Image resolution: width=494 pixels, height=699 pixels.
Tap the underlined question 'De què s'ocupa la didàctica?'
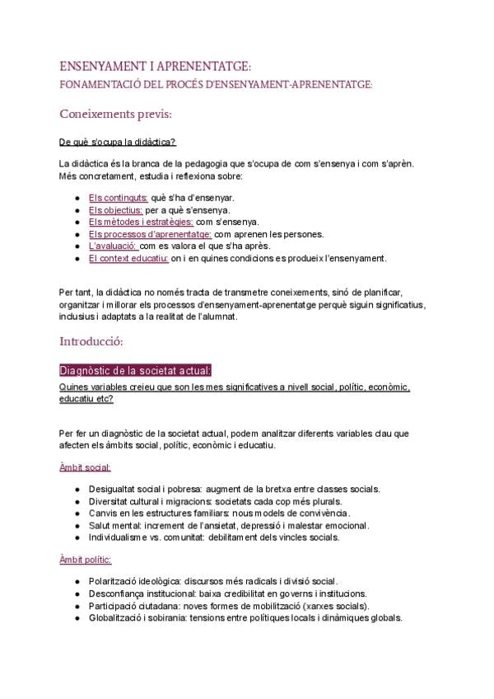point(118,142)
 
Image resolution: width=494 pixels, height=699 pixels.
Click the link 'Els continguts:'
point(118,198)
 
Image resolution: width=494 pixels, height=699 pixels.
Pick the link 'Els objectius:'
point(116,210)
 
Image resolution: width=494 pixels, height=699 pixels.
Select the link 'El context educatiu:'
point(128,258)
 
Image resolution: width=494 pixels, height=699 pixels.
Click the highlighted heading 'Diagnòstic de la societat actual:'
point(135,369)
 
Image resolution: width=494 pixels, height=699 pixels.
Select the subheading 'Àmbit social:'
point(85,467)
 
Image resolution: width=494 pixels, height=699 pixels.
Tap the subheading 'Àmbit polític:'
point(86,560)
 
